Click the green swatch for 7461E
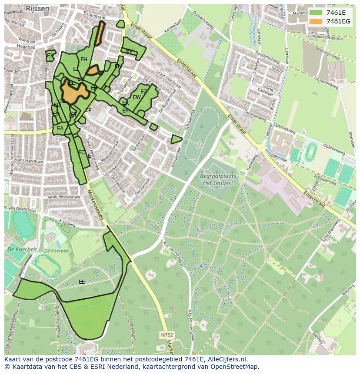pyautogui.click(x=316, y=13)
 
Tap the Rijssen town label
pyautogui.click(x=37, y=8)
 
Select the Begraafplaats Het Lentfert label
pyautogui.click(x=218, y=179)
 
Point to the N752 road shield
pyautogui.click(x=167, y=335)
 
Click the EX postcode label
pyautogui.click(x=50, y=56)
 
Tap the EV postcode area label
pyautogui.click(x=129, y=51)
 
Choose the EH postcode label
pyautogui.click(x=84, y=60)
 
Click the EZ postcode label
pyautogui.click(x=143, y=92)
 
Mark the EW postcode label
pyautogui.click(x=137, y=97)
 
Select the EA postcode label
pyautogui.click(x=60, y=129)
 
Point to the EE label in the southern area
pyautogui.click(x=82, y=282)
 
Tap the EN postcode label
pyautogui.click(x=118, y=66)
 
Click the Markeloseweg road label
pyautogui.click(x=96, y=204)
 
